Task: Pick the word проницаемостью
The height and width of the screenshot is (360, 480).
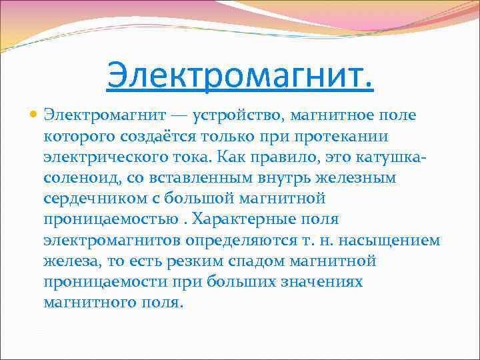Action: (106, 219)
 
